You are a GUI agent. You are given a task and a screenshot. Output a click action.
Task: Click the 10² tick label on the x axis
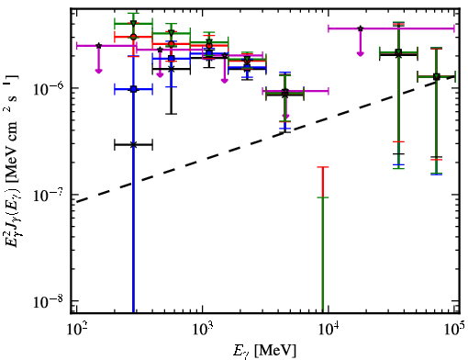pos(77,330)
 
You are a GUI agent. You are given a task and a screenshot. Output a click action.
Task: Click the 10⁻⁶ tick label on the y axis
pos(49,88)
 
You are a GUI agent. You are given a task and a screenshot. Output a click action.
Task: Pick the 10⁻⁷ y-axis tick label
pos(49,195)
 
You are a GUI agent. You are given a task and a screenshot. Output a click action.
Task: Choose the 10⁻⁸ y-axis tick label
pos(49,301)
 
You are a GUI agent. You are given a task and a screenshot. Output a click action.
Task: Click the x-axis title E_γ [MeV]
pos(264,350)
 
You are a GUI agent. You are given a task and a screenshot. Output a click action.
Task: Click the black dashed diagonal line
pos(265,139)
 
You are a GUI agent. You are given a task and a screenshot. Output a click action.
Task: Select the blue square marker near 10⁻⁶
pos(133,89)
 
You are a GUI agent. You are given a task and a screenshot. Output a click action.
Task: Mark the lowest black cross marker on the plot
pos(133,145)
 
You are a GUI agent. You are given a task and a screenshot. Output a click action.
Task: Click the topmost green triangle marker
pos(133,23)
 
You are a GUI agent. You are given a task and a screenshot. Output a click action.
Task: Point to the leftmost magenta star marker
pos(98,46)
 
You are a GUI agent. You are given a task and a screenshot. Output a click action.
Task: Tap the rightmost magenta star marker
pos(361,28)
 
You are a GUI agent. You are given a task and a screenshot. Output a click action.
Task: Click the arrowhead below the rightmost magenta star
pos(361,54)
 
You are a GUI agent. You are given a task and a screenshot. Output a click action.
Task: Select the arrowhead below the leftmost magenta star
pos(98,71)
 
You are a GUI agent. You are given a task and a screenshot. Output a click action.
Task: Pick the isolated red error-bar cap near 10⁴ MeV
pos(323,167)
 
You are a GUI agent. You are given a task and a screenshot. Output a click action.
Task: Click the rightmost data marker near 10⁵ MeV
pos(437,76)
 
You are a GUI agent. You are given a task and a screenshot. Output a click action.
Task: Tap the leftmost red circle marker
pos(133,37)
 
